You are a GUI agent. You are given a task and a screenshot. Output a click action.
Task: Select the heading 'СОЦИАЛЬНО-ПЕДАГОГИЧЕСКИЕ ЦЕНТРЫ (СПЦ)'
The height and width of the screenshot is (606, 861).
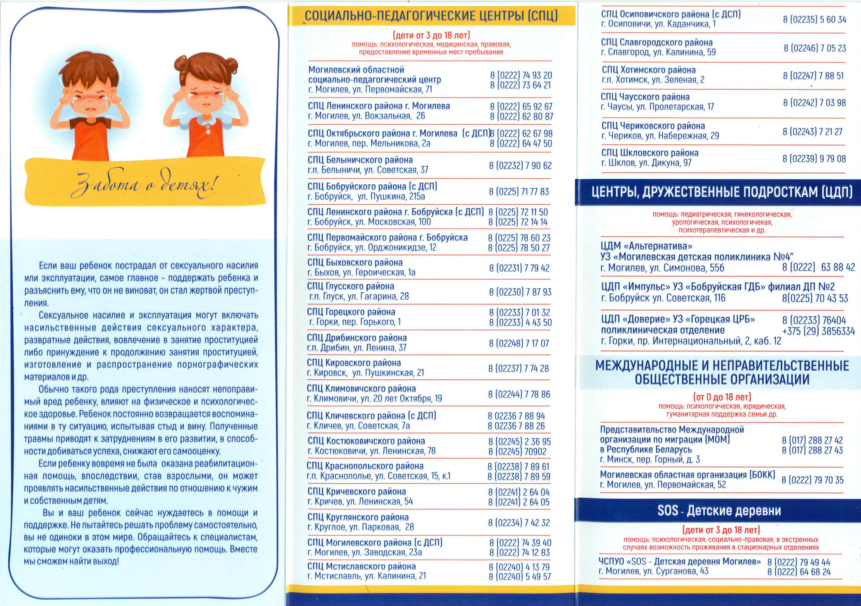[x=431, y=16]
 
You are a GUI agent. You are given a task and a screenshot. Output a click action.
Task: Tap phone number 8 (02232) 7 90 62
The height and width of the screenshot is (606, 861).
[x=520, y=165]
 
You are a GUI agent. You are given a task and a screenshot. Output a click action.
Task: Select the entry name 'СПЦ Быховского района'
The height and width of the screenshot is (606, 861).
[x=355, y=262]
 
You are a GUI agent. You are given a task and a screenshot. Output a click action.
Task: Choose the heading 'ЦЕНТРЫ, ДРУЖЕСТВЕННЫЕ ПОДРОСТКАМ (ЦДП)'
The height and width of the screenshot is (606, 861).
[x=722, y=192]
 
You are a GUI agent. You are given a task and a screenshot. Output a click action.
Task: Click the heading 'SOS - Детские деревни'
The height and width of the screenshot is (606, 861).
[x=719, y=510]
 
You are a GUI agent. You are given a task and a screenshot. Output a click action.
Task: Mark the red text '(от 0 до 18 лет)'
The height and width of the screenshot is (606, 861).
[x=722, y=397]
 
